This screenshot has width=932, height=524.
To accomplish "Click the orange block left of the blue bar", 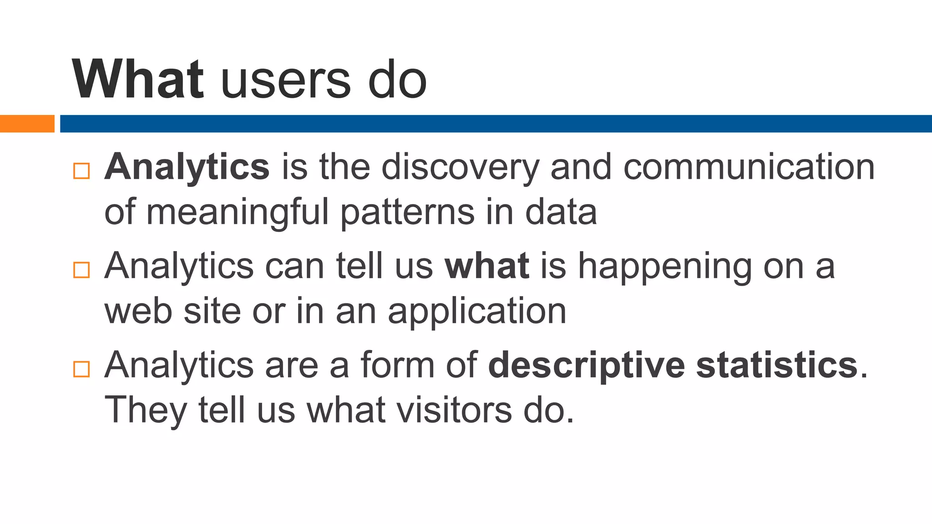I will (x=27, y=124).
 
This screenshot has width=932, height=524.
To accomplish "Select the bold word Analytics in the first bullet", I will (x=187, y=167).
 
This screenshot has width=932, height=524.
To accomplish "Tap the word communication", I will (x=749, y=166).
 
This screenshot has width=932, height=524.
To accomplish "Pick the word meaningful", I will (x=237, y=212).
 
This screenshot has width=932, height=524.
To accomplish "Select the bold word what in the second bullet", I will (x=486, y=266).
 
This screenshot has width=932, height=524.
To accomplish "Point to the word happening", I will (x=664, y=267).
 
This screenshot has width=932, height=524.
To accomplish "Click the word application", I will (x=477, y=312).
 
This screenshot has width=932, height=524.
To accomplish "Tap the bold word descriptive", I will (x=586, y=365).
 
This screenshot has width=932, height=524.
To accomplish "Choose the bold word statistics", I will (x=776, y=365).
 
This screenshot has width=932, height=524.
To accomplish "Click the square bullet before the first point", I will (x=81, y=171).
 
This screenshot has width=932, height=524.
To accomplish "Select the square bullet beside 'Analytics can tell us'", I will (x=81, y=270).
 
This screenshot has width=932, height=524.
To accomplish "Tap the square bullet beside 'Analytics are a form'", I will (x=81, y=369).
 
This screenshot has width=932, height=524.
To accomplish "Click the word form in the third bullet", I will (x=397, y=365).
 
